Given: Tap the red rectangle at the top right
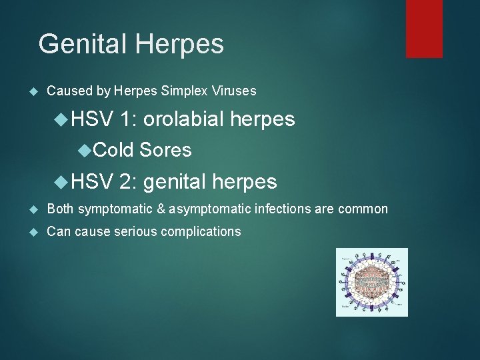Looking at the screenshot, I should tap(424, 28).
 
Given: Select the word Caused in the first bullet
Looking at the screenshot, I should tap(65, 90).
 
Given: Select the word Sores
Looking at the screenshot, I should tap(165, 151).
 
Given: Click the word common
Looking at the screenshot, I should tap(363, 209).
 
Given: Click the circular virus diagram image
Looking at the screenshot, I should tap(371, 282).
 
